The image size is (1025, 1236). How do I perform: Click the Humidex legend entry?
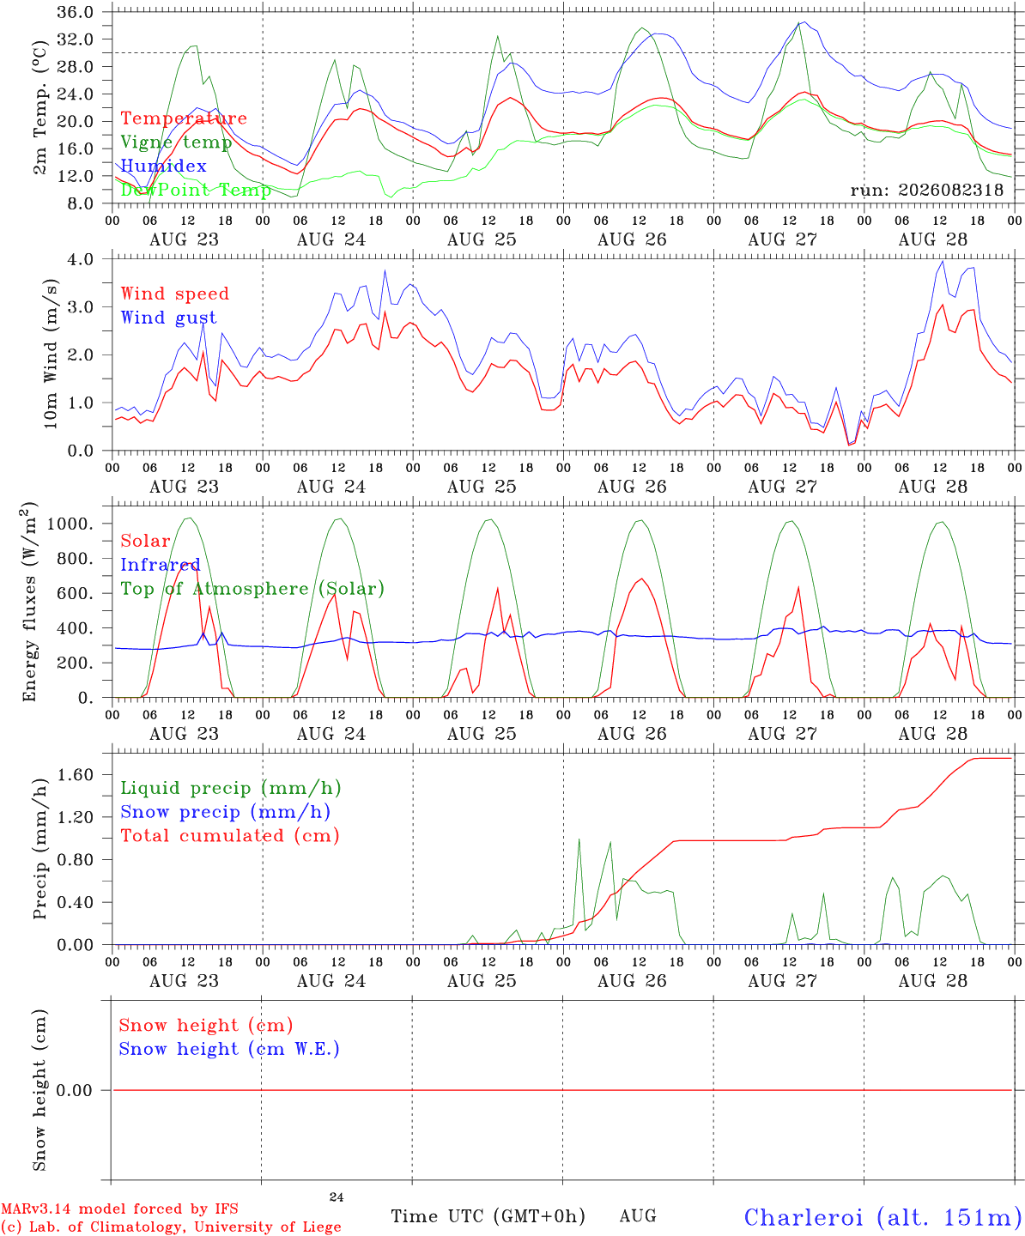pos(163,166)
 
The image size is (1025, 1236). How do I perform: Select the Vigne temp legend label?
pos(176,142)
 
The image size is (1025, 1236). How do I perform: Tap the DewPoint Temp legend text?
pos(196,190)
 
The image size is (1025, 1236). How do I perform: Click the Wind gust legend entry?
pos(169,318)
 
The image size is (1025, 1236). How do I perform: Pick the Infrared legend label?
pos(161,565)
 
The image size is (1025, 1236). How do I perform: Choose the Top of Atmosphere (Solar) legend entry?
pos(253,589)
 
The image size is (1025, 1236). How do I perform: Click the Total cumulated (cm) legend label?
pos(230,836)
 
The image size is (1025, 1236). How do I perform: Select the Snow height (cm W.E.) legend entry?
pos(229,1049)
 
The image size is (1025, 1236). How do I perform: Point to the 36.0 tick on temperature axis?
pos(76,12)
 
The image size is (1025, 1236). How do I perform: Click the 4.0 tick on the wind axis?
pos(81,259)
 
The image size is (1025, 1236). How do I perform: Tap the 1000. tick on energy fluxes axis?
pos(70,524)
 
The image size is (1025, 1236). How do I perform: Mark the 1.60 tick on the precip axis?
pos(76,775)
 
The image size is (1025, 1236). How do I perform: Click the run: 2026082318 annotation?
pos(926,190)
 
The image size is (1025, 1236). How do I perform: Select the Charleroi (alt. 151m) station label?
pos(883,1218)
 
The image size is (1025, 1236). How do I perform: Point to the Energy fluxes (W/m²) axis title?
pos(29,602)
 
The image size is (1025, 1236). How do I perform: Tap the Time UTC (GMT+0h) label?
pos(488,1216)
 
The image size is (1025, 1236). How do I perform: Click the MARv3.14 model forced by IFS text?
pos(119,1209)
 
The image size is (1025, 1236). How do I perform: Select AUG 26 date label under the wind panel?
pos(632,487)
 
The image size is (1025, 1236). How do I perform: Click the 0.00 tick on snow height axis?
pos(74,1090)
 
